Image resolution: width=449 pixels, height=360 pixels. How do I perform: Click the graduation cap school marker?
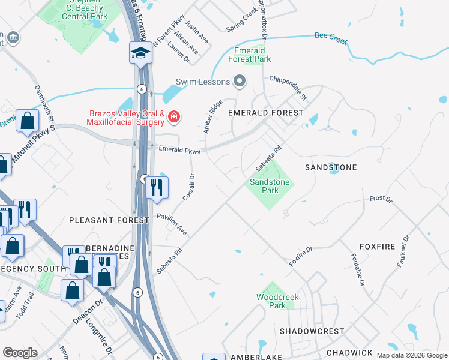click(x=140, y=53)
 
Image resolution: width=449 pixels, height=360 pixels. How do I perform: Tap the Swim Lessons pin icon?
click(x=240, y=81)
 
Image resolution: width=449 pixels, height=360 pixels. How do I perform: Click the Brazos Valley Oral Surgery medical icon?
click(x=173, y=116)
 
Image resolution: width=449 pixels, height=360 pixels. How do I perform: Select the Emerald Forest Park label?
click(x=249, y=55)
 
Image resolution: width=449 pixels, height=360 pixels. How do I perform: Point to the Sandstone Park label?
click(x=270, y=186)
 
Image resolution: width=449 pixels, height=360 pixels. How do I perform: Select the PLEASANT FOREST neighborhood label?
click(x=109, y=220)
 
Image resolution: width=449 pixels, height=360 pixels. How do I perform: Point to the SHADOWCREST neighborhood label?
click(x=312, y=331)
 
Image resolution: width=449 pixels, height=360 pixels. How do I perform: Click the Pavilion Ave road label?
click(x=172, y=223)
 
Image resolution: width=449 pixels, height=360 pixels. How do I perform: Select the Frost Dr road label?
click(x=381, y=199)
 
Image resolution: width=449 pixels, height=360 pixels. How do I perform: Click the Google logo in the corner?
click(x=20, y=353)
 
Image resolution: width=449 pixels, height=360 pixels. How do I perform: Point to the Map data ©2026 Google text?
click(x=412, y=355)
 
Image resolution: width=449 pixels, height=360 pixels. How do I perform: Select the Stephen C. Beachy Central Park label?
click(x=84, y=10)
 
